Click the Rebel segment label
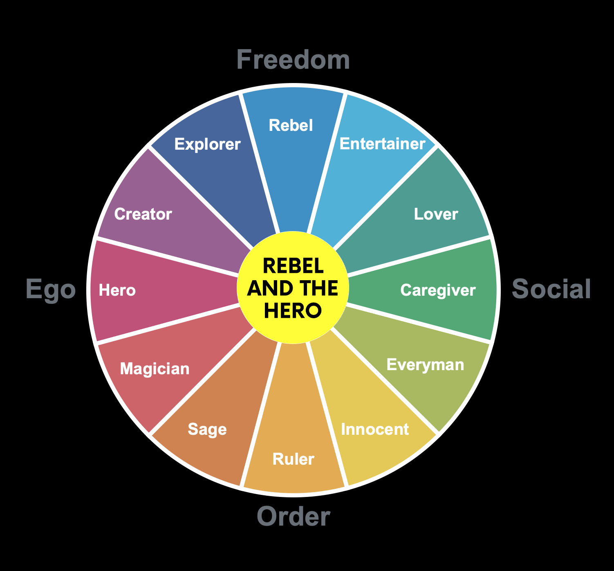coord(291,125)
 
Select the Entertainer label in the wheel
coord(382,144)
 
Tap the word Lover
coord(436,214)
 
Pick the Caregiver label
coord(438,290)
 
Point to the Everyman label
coord(425,364)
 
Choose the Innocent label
coord(375,429)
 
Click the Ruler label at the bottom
coord(293,459)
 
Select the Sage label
coord(207,429)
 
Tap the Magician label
coord(155,369)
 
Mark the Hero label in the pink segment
coord(117,290)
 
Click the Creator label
coord(143,214)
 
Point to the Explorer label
coord(207,144)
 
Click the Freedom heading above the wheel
coord(293,60)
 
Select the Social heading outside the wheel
coord(551,289)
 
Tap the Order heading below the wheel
coord(293,516)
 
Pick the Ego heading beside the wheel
coord(51,289)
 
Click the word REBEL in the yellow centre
coord(293,266)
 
